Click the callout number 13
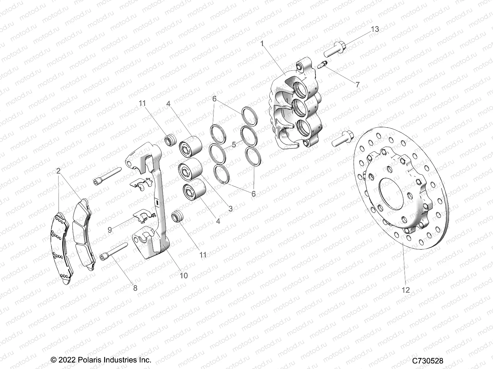(375, 30)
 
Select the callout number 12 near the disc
(406, 290)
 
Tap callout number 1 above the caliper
(262, 44)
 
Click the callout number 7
(357, 85)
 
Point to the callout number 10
(184, 276)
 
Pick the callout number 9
(110, 230)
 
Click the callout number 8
(135, 288)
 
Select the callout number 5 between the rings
(234, 144)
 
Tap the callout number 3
(230, 209)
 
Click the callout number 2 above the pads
(58, 171)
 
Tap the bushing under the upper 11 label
(170, 141)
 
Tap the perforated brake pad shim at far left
(62, 246)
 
